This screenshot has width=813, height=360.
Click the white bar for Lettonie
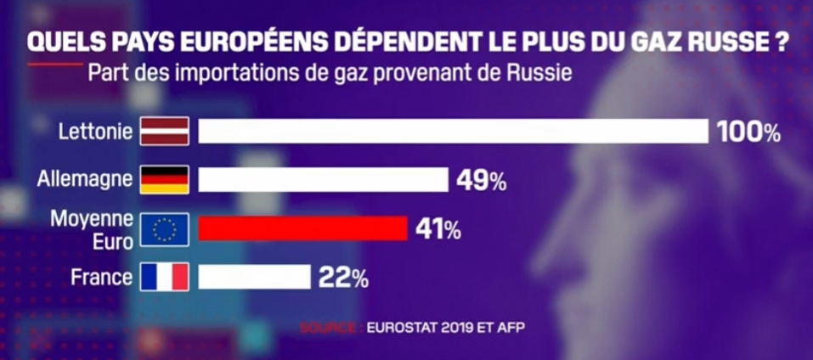coord(453,132)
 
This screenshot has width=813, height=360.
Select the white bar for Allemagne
coord(323,180)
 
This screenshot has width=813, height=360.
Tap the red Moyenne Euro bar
coord(302,228)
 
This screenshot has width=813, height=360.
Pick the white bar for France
coord(254,277)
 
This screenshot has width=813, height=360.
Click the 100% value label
coord(748,132)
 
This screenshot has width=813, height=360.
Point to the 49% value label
coord(483,181)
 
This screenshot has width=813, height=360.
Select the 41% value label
coord(438,229)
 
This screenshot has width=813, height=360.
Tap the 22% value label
coord(344,278)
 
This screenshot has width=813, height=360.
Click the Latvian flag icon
coord(164,132)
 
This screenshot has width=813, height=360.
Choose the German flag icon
coord(164,180)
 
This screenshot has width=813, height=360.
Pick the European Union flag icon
coord(164,228)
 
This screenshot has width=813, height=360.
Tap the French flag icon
coord(164,277)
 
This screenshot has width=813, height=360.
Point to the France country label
coord(101,277)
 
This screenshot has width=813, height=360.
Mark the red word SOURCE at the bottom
coord(328,326)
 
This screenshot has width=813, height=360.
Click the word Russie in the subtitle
coord(540,72)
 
